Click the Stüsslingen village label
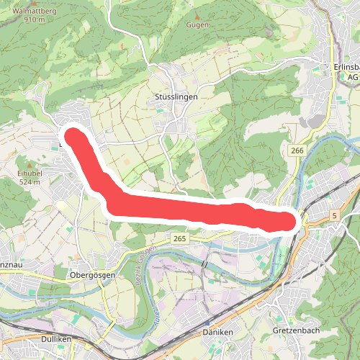(x=176, y=96)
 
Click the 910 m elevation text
(x=34, y=19)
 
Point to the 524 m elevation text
(x=31, y=182)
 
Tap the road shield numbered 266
(x=298, y=150)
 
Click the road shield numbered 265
(x=180, y=238)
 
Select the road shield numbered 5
(x=334, y=215)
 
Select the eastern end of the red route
(x=289, y=222)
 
